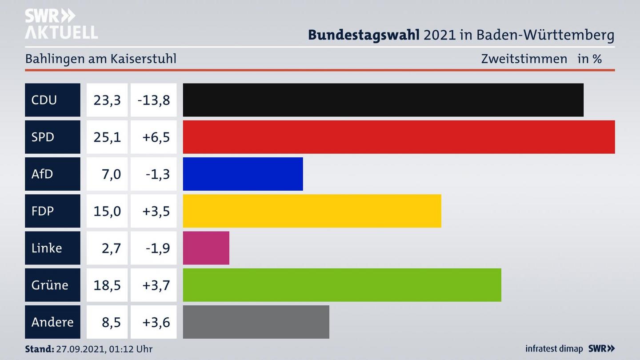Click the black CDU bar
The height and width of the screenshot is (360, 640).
point(383,100)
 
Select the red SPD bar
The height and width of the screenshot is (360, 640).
point(399,137)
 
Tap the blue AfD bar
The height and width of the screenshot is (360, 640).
point(243,174)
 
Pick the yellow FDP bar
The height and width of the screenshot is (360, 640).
point(312,211)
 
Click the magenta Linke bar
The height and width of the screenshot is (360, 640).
point(206,248)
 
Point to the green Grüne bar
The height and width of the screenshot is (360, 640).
point(342,285)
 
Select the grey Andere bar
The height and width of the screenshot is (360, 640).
point(256,322)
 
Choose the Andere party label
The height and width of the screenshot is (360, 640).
point(52,322)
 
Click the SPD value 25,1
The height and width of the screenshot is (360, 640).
point(107,137)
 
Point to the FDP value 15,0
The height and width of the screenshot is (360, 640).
point(107,211)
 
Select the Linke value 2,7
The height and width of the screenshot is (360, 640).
point(111,248)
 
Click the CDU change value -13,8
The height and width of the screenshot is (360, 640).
point(154,100)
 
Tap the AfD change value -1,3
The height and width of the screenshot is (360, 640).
point(158,174)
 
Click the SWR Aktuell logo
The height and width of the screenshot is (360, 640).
point(61,24)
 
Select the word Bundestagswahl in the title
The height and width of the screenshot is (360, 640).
point(364,35)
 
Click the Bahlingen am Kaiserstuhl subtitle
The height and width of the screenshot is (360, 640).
point(101,59)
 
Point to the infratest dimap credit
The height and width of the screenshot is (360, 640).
point(554,349)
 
